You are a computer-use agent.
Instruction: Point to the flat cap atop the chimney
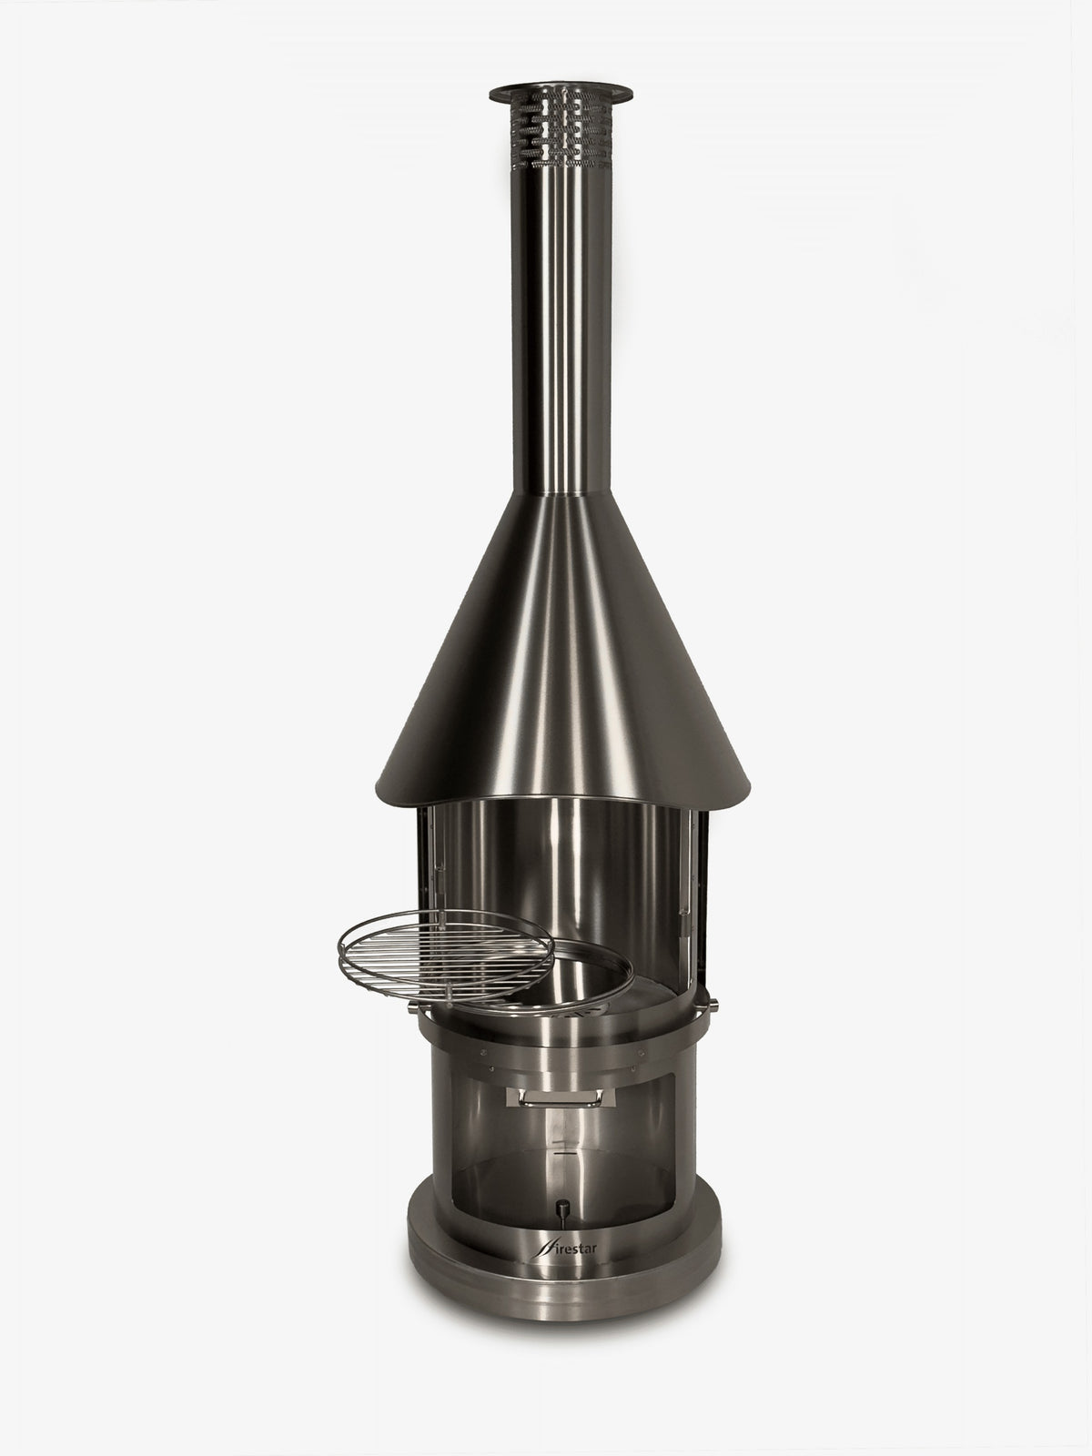[x=561, y=93]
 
